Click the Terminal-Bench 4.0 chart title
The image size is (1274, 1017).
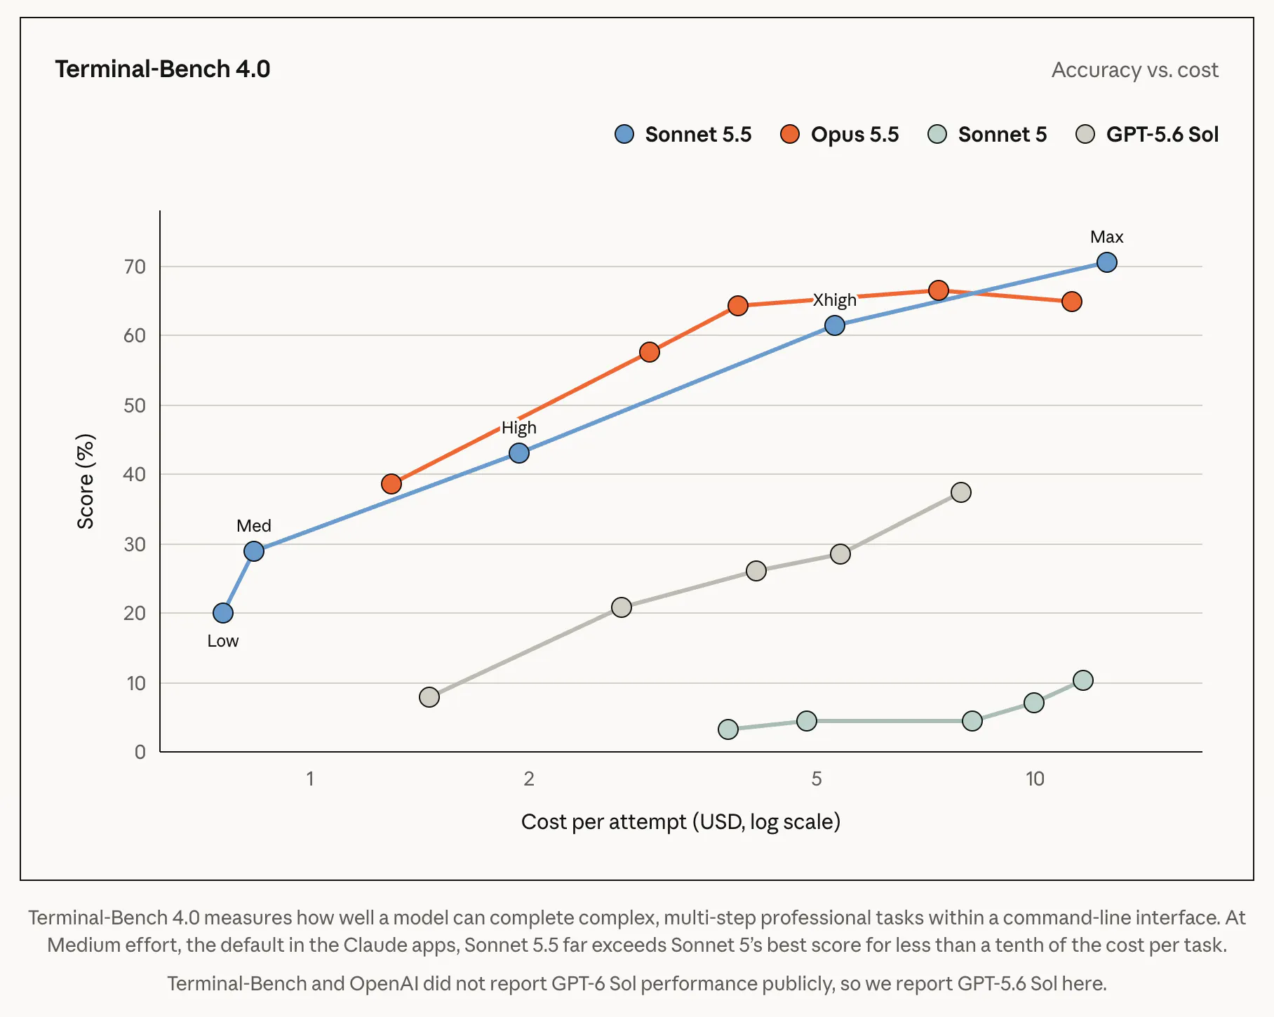pos(163,69)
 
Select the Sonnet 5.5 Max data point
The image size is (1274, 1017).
pos(1106,262)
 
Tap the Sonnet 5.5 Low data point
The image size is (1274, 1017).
pos(223,613)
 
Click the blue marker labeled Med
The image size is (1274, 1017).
pos(254,551)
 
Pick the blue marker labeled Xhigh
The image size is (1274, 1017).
pos(835,325)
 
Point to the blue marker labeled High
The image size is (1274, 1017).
pos(519,453)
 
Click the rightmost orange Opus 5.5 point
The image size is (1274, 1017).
pos(1071,302)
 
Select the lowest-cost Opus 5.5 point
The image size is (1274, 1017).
pos(391,484)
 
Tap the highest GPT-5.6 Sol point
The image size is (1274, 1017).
pos(961,492)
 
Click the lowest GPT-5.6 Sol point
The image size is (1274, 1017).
pos(429,697)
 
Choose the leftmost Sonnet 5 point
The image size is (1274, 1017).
pos(728,729)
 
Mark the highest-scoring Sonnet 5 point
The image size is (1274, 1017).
pos(1083,680)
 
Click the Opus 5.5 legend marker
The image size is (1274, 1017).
pos(790,134)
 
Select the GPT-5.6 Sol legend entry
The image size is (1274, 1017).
pos(1147,134)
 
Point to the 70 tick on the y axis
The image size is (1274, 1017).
pos(135,267)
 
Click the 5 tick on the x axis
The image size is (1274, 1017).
pos(817,779)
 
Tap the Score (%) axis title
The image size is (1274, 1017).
pos(86,481)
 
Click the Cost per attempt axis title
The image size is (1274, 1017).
pos(680,821)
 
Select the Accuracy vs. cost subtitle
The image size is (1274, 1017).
pos(1134,69)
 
